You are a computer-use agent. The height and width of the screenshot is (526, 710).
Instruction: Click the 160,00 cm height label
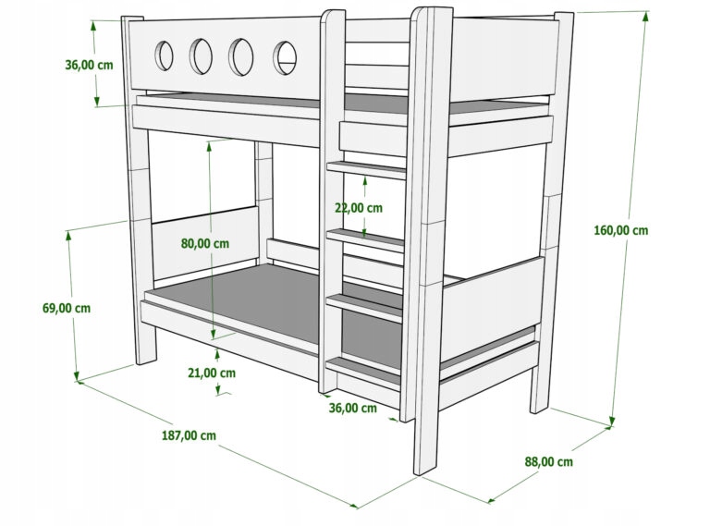tap(620, 230)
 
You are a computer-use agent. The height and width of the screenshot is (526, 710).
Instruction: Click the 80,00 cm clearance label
tap(205, 243)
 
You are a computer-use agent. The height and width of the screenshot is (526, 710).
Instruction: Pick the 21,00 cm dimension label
tap(212, 373)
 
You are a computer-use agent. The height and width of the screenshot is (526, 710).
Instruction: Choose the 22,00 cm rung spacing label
tap(358, 208)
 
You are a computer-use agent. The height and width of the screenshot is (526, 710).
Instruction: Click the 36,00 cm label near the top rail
tap(89, 65)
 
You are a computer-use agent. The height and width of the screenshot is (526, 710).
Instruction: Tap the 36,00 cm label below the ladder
tap(352, 408)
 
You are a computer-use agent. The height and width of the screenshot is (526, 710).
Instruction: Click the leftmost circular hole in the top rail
tap(164, 55)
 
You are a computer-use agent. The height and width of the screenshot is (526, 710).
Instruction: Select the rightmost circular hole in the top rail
tap(285, 57)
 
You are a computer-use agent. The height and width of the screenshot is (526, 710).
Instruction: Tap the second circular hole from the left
tap(202, 55)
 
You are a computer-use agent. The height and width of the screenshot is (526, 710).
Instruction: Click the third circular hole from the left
tap(243, 56)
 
